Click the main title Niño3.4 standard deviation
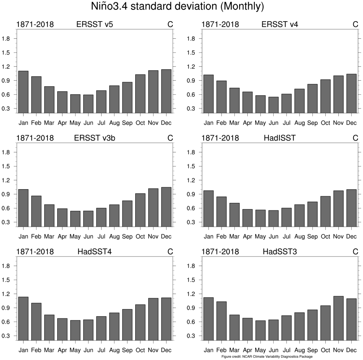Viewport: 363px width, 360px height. [x=181, y=7]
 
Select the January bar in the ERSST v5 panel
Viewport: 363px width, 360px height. [x=23, y=92]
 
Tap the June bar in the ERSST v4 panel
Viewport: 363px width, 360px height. [x=273, y=105]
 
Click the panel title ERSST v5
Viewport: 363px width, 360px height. [x=95, y=25]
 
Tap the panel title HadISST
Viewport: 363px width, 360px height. [x=280, y=138]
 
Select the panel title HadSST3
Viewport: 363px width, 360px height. [x=280, y=252]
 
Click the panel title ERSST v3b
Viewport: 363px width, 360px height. [x=95, y=138]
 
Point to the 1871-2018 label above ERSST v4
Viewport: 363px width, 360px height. [x=220, y=25]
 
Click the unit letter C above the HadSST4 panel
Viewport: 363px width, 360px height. [x=170, y=252]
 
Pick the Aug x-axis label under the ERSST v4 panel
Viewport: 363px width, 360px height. [x=299, y=123]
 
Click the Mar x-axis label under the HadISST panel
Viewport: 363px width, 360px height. [x=234, y=237]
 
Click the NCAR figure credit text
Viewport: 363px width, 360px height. [x=267, y=357]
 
